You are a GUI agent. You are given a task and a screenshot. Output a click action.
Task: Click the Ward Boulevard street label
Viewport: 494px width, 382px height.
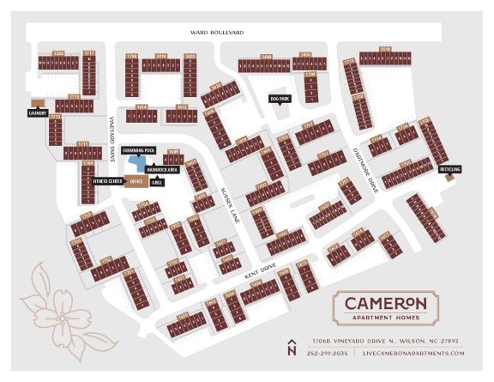pyautogui.click(x=217, y=33)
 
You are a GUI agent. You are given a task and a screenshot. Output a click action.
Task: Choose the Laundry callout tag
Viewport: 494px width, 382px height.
pyautogui.click(x=36, y=112)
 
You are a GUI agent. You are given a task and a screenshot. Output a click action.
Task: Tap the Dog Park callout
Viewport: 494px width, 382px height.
pyautogui.click(x=280, y=99)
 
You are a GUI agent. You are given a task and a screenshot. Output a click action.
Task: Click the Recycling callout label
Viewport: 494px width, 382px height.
pyautogui.click(x=449, y=169)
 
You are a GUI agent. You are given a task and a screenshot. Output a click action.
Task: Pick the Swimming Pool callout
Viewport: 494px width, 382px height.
pyautogui.click(x=138, y=150)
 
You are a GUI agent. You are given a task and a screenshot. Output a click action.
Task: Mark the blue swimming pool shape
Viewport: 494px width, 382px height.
pyautogui.click(x=135, y=163)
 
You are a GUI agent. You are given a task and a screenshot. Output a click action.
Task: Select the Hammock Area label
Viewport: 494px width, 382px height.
pyautogui.click(x=161, y=170)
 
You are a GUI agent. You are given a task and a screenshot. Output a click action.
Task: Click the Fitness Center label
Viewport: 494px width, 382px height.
pyautogui.click(x=108, y=182)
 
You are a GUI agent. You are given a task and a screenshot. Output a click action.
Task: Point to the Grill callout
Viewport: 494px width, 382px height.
pyautogui.click(x=158, y=182)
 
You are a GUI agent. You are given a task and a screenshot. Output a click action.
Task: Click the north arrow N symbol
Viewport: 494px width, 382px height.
pyautogui.click(x=292, y=347)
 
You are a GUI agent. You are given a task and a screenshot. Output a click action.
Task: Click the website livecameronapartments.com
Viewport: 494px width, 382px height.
pyautogui.click(x=413, y=353)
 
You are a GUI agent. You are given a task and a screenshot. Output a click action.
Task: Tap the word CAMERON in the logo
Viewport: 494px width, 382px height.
pyautogui.click(x=385, y=302)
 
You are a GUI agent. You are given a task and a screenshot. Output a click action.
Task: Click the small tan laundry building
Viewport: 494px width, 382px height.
pyautogui.click(x=36, y=103)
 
